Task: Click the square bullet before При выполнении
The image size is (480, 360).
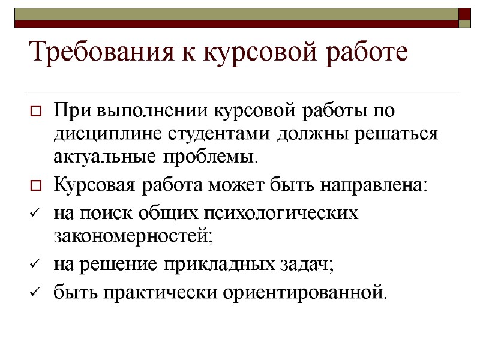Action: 35,111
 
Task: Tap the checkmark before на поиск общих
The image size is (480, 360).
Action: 35,214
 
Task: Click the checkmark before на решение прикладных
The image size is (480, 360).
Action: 35,264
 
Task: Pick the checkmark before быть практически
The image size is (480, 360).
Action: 35,293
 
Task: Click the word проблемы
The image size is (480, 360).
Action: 207,157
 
